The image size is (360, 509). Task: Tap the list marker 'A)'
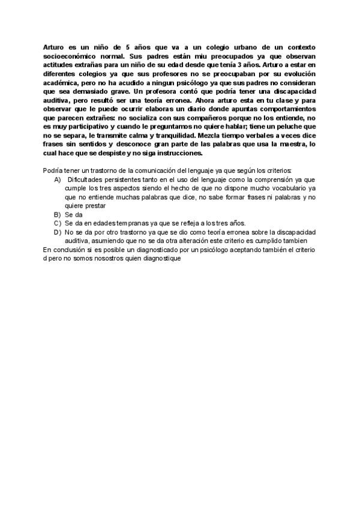58,179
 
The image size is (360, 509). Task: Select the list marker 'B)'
58,214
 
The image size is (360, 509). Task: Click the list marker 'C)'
58,223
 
